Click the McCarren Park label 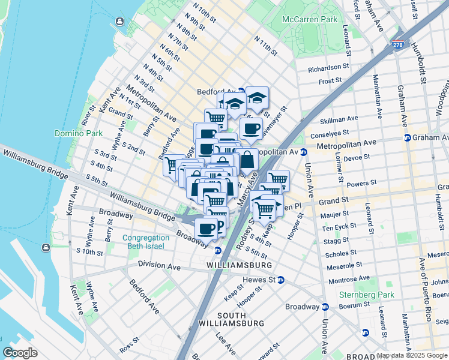click(309, 19)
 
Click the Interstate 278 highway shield click(397, 44)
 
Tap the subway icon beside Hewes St click(281, 280)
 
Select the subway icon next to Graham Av click(407, 137)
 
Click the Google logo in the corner click(20, 353)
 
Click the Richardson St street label click(328, 68)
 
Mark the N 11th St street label click(265, 46)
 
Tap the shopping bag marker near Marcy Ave click(247, 160)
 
